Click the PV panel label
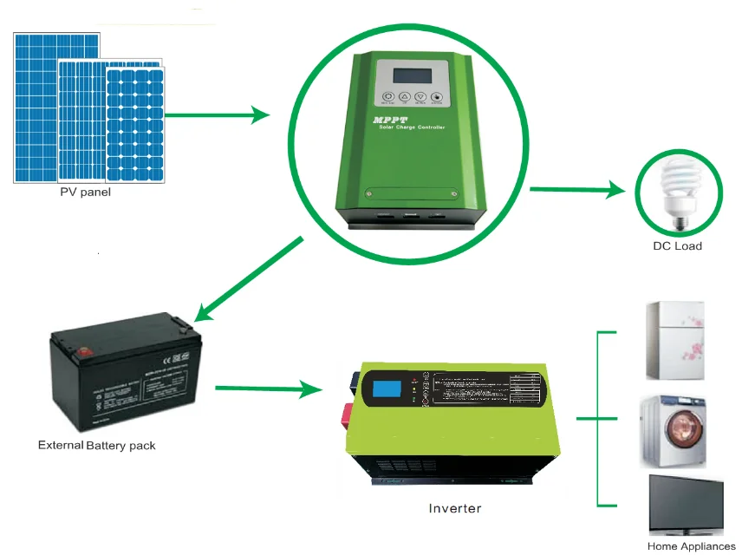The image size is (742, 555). [85, 193]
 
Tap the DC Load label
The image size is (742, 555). [677, 246]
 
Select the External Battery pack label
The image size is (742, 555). [97, 446]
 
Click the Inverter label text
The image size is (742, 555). [454, 508]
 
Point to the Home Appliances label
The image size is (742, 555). [691, 546]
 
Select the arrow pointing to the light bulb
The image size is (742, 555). [577, 189]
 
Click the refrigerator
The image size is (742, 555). [675, 341]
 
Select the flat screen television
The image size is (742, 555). [686, 504]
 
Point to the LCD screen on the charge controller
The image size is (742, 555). [412, 75]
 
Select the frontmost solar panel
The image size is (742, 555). [135, 126]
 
